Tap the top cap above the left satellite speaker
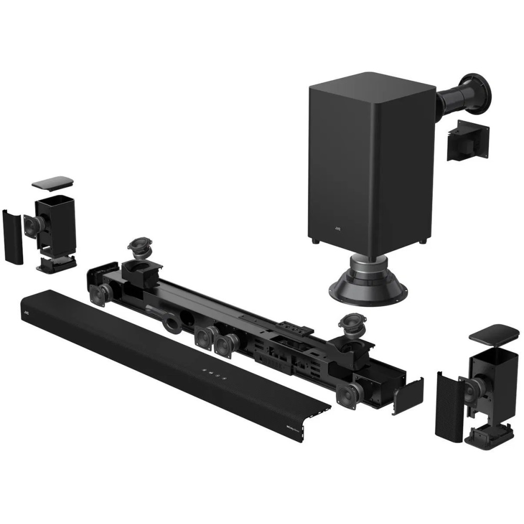[x=52, y=182]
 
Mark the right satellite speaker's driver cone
[x=470, y=388]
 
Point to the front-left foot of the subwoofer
[x=313, y=242]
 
